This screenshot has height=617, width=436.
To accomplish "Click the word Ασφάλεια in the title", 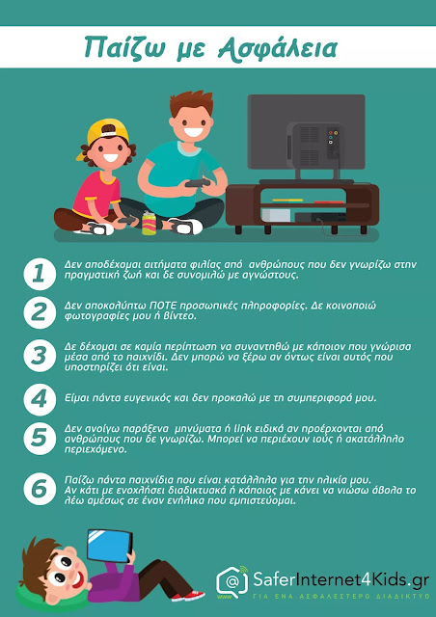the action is click(x=278, y=48).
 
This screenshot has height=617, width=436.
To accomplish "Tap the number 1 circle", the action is click(x=39, y=274).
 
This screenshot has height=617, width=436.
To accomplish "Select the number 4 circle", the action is click(x=39, y=399).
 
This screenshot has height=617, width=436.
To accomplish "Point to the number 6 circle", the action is click(x=39, y=489).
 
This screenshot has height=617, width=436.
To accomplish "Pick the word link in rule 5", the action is click(x=243, y=428).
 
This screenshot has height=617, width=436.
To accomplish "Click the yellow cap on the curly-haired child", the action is click(x=103, y=136).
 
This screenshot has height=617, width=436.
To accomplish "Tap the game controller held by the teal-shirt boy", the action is click(x=198, y=183).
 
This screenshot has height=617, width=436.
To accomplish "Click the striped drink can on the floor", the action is click(x=149, y=223).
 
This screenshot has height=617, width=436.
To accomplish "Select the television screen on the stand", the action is click(x=306, y=132).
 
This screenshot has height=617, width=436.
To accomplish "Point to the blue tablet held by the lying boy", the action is click(x=110, y=546).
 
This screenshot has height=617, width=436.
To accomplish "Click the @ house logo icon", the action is click(x=232, y=581).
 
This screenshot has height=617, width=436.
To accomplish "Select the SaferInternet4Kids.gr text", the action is click(x=341, y=580).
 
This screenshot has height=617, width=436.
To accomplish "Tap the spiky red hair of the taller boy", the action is click(x=192, y=103).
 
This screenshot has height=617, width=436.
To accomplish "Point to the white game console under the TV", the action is click(x=276, y=215).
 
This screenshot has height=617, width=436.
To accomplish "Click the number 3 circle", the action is click(x=39, y=356).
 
